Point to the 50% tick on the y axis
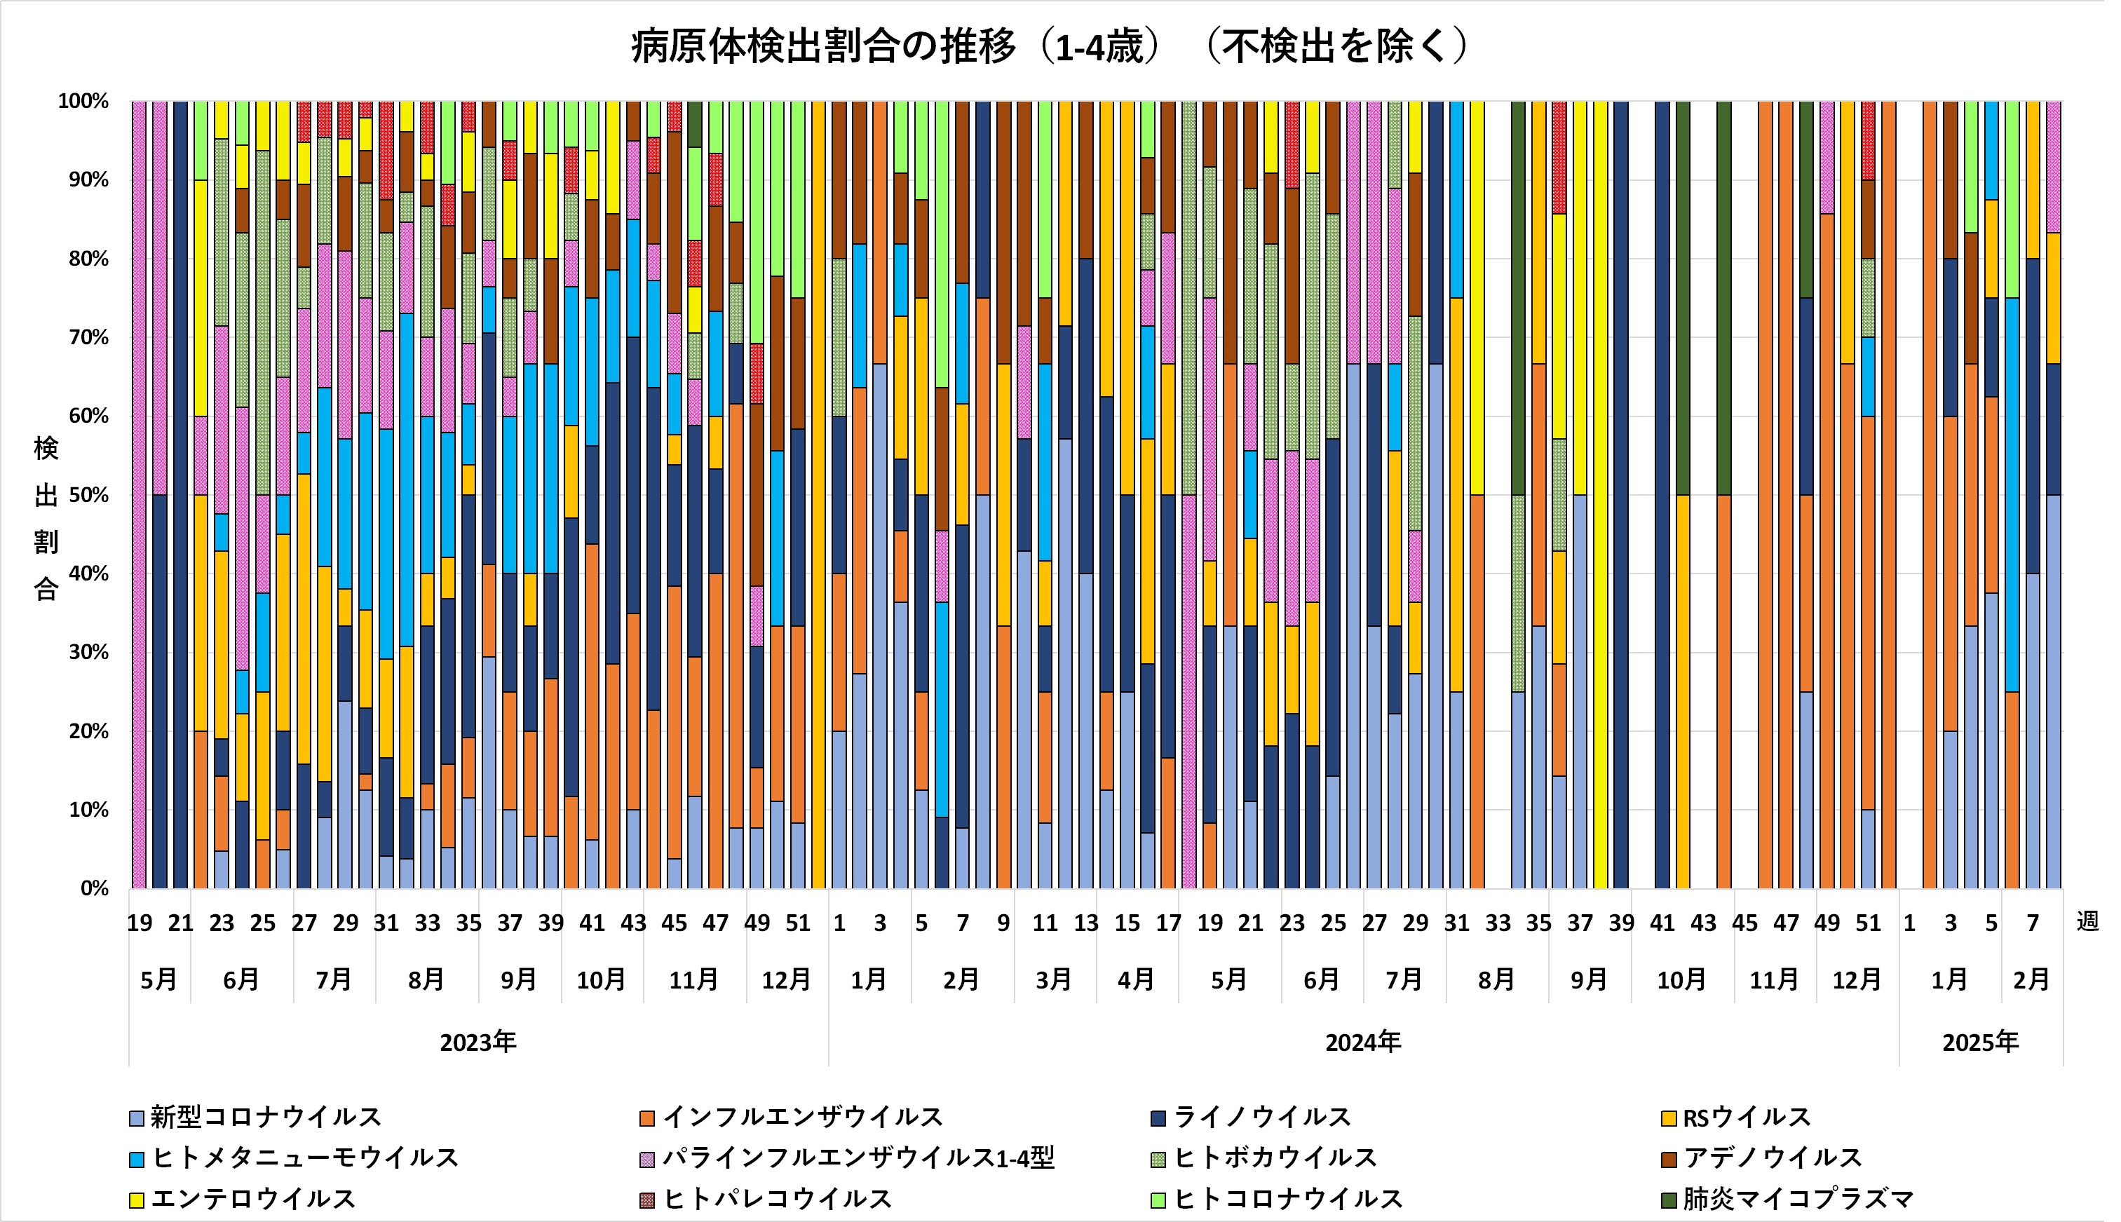88,495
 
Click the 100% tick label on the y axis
83,102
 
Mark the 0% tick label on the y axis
94,888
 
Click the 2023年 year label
477,1043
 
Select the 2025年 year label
1980,1043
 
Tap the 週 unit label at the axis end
2087,921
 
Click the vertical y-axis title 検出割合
46,518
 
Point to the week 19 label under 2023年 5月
140,923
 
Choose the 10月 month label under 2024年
1681,979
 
